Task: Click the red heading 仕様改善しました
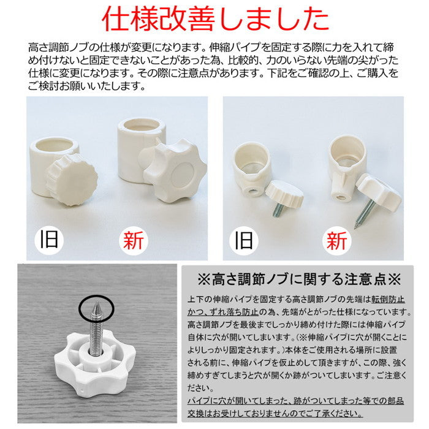214,20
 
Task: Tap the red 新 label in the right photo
336,238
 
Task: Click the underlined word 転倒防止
390,300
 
